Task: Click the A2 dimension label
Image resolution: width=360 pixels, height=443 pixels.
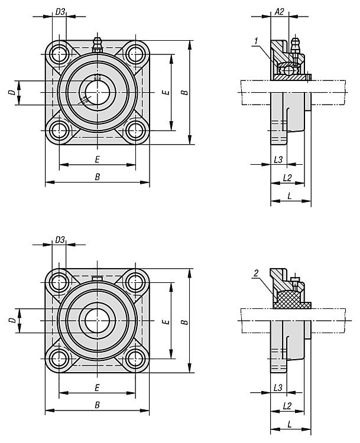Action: pyautogui.click(x=279, y=12)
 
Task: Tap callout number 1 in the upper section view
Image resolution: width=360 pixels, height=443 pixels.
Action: pyautogui.click(x=256, y=41)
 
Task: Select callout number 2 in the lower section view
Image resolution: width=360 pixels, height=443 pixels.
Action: pyautogui.click(x=256, y=273)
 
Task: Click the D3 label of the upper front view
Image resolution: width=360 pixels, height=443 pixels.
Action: pyautogui.click(x=60, y=12)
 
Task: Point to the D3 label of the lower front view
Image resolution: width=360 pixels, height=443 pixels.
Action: pyautogui.click(x=60, y=240)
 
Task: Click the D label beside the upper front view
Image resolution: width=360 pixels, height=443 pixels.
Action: pyautogui.click(x=12, y=92)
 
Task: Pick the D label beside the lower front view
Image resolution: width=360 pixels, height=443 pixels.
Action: pyautogui.click(x=12, y=320)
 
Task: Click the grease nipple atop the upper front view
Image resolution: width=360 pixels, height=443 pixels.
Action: pyautogui.click(x=98, y=45)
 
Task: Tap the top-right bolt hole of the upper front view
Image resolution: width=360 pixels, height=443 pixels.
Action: pyautogui.click(x=135, y=54)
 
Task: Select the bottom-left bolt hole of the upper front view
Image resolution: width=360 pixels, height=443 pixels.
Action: pyautogui.click(x=59, y=131)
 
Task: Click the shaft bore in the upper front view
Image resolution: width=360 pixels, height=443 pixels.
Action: pyautogui.click(x=98, y=92)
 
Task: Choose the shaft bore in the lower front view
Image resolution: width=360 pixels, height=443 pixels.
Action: pyautogui.click(x=98, y=320)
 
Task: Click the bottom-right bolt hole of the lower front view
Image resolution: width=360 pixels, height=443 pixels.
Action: pyautogui.click(x=135, y=359)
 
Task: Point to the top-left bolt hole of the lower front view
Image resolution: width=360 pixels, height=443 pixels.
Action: pyautogui.click(x=59, y=282)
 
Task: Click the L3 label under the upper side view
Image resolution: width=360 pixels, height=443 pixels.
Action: pyautogui.click(x=278, y=159)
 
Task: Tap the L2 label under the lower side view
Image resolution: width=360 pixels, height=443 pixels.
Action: pyautogui.click(x=287, y=406)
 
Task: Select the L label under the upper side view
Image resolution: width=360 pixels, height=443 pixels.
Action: pyautogui.click(x=289, y=196)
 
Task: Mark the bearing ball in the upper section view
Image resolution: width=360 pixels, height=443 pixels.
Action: pyautogui.click(x=289, y=70)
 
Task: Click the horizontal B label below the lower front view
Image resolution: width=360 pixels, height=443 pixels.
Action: pyautogui.click(x=98, y=405)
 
